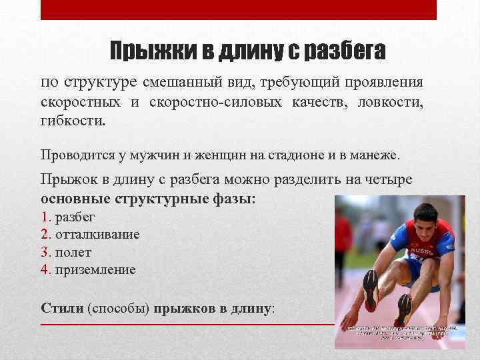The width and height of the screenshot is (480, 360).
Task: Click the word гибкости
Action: coord(73,122)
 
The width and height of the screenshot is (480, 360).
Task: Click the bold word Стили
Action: coord(62,309)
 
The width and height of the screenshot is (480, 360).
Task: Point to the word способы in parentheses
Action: coord(120,309)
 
